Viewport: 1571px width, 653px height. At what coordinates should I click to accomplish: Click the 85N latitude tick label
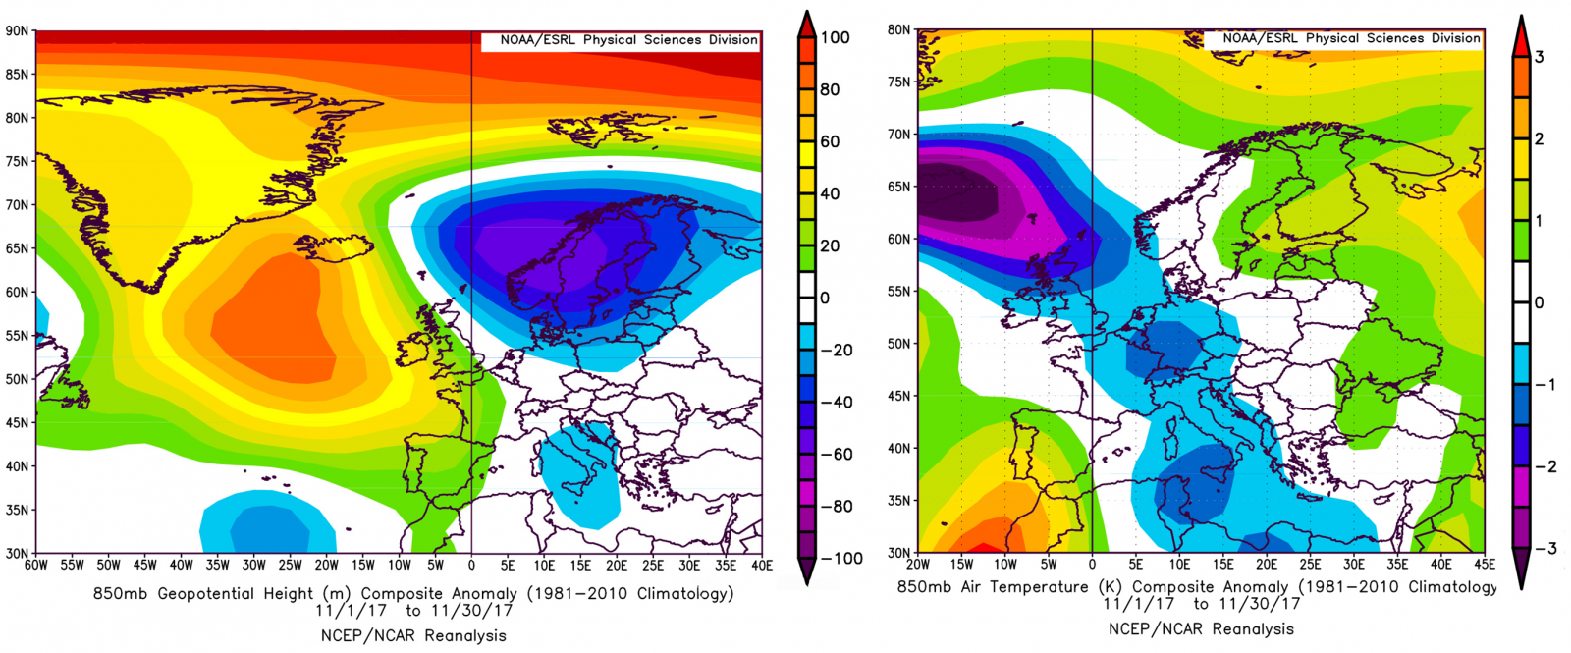tap(17, 75)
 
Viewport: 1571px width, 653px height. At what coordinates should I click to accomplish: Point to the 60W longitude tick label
tap(36, 566)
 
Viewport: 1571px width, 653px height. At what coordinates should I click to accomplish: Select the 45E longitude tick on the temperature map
tap(1485, 565)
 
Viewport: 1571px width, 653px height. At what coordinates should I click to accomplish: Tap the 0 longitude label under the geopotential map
tap(471, 566)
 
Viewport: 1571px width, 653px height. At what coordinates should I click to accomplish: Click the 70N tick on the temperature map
tap(899, 135)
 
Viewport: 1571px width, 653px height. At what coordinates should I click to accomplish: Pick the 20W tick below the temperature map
tap(918, 565)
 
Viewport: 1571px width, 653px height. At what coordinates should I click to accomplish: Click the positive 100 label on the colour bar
tap(835, 38)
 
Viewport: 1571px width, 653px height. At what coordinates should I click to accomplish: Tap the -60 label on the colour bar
tap(835, 455)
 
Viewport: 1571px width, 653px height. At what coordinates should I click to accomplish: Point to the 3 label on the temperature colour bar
tap(1539, 57)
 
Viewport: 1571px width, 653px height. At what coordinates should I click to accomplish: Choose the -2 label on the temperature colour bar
tap(1544, 466)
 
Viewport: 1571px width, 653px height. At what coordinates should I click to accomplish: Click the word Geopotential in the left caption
tap(206, 594)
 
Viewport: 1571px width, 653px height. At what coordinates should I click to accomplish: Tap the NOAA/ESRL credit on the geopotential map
tap(628, 40)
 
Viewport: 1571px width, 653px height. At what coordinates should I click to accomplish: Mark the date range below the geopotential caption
tap(413, 611)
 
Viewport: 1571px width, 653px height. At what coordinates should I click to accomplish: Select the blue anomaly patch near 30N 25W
tap(267, 525)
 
